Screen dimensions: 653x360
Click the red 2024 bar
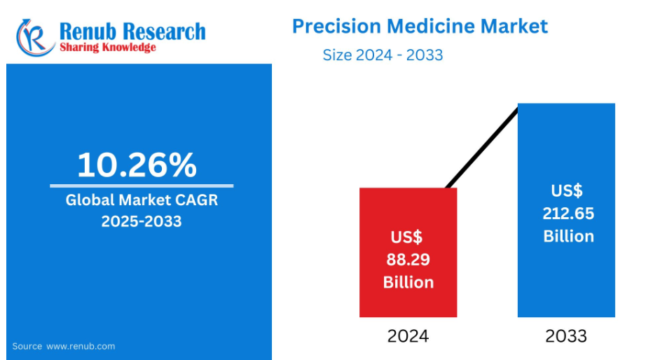[x=408, y=252]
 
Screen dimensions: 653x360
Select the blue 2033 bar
[x=566, y=210]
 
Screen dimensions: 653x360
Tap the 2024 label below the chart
[x=408, y=336]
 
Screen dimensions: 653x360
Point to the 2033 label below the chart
[x=566, y=336]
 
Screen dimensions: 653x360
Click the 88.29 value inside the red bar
[x=408, y=260]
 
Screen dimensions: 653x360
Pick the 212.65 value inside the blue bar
[x=568, y=214]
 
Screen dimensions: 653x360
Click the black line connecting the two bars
[x=482, y=147]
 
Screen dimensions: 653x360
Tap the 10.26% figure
[x=137, y=165]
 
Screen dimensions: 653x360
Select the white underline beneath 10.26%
[x=142, y=186]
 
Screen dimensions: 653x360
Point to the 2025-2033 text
[x=142, y=221]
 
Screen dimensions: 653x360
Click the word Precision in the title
[x=336, y=26]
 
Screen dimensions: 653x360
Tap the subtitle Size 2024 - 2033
[x=383, y=55]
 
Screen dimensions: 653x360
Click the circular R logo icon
[x=35, y=37]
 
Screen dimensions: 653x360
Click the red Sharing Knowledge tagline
[x=108, y=47]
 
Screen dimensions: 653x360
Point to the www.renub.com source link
[x=81, y=346]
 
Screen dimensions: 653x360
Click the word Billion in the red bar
[x=408, y=282]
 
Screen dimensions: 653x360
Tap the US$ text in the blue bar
[x=567, y=191]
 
